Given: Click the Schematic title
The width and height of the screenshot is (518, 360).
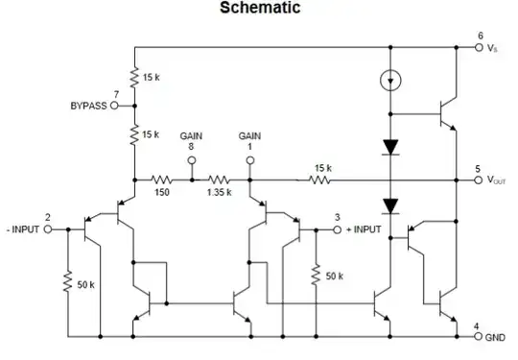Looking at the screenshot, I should point(260,10).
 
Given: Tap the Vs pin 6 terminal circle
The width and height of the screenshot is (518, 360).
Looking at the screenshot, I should point(480,47).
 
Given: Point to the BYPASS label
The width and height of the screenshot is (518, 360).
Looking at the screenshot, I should point(88,106).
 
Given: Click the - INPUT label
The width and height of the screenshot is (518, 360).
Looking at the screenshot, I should point(21,230).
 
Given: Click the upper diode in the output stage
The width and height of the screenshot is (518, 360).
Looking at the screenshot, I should point(389,147).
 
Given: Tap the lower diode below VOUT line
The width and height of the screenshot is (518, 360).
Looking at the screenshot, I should point(389,204).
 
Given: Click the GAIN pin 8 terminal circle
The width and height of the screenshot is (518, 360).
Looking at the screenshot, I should point(191,160).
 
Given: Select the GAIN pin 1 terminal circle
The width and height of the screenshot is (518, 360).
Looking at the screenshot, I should point(250,160).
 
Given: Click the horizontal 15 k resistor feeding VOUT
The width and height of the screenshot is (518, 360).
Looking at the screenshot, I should point(321,180).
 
